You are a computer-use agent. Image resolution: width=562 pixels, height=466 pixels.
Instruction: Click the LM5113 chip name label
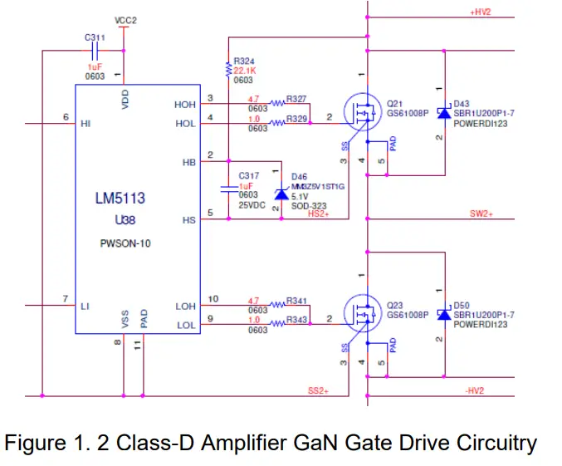[x=120, y=199]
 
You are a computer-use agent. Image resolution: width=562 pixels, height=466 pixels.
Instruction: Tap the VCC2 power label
[x=125, y=19]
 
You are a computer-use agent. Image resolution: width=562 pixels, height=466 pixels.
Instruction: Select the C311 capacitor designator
[x=95, y=37]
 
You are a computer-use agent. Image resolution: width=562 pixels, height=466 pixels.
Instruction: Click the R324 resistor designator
[x=245, y=61]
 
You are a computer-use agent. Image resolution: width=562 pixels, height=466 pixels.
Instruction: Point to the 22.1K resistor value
[x=246, y=71]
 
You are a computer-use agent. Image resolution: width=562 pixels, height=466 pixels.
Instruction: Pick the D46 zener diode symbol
[x=276, y=192]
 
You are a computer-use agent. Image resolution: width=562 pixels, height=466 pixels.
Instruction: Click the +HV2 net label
[x=481, y=12]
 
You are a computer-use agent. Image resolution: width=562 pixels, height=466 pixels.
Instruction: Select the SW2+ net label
[x=481, y=214]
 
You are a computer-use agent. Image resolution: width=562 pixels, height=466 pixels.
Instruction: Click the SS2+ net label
[x=319, y=390]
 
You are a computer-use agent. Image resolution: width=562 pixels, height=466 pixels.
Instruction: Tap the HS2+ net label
[x=318, y=213]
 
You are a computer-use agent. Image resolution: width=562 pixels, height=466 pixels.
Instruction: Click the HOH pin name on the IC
[x=185, y=105]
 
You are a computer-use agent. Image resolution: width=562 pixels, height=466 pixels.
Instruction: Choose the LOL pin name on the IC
[x=185, y=325]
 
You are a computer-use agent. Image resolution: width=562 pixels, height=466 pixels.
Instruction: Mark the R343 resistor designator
[x=297, y=320]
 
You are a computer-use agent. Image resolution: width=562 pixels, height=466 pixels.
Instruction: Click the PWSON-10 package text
[x=122, y=245]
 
